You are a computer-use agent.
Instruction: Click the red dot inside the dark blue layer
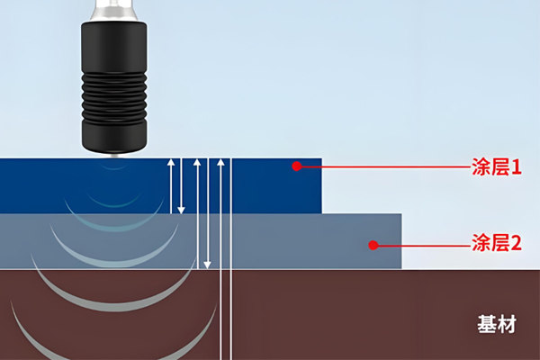point(295,166)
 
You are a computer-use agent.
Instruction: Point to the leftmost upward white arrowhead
point(169,163)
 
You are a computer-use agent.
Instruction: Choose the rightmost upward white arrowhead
point(220,163)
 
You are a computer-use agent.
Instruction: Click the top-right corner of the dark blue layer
point(320,160)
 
